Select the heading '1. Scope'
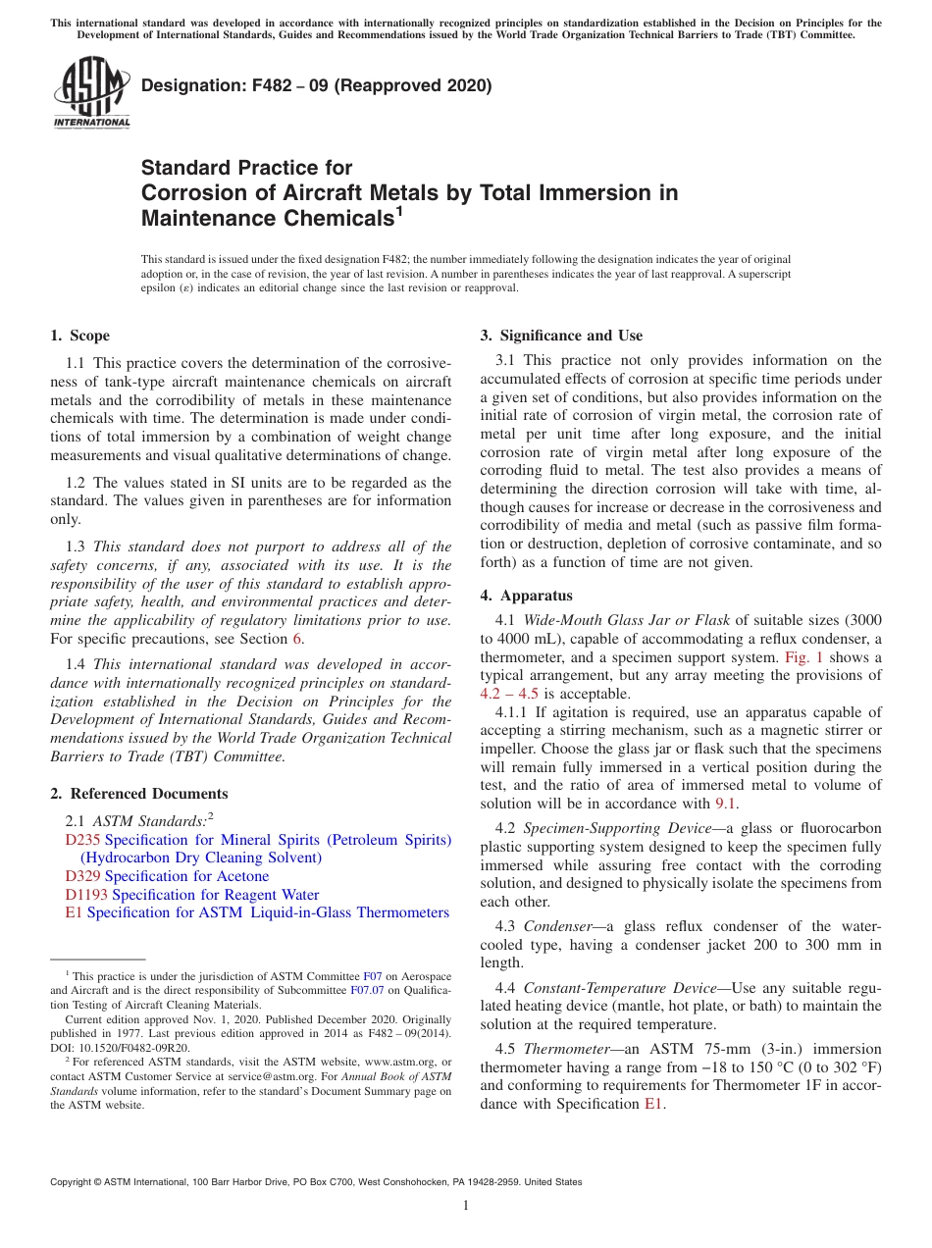pyautogui.click(x=79, y=336)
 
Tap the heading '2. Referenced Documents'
pyautogui.click(x=138, y=794)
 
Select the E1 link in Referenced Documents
pyautogui.click(x=73, y=912)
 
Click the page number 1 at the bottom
pyautogui.click(x=466, y=1205)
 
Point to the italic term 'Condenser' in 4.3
pyautogui.click(x=556, y=926)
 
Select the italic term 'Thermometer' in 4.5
pyautogui.click(x=566, y=1049)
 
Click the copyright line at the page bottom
pyautogui.click(x=316, y=1182)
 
